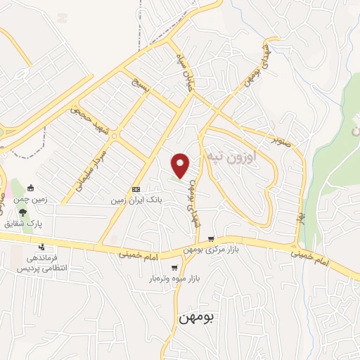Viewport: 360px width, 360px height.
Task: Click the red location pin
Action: click(x=181, y=165)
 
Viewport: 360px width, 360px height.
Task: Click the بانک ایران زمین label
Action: click(x=136, y=200)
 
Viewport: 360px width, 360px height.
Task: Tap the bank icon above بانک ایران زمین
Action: click(x=136, y=189)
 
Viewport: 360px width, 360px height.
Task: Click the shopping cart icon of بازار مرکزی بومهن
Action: click(x=210, y=240)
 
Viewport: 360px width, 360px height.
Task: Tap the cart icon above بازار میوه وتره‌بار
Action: click(x=174, y=268)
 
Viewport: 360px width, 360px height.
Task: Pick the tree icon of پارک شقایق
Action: click(x=22, y=212)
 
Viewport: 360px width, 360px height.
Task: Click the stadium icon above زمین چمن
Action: click(x=30, y=188)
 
